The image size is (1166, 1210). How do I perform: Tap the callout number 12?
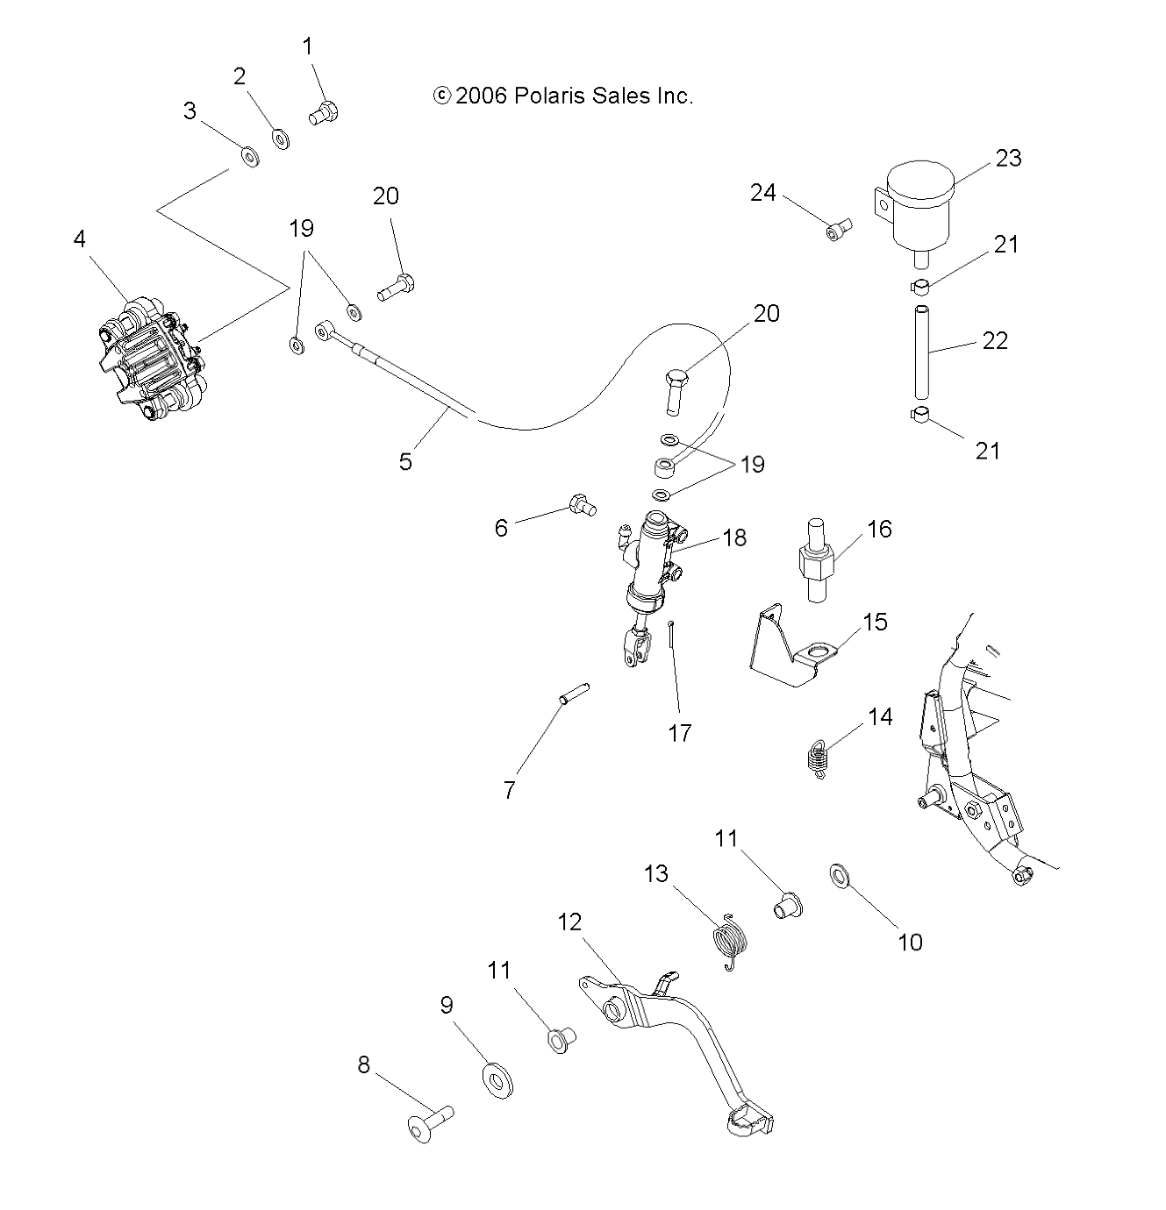pyautogui.click(x=569, y=922)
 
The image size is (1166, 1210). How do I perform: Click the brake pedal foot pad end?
pyautogui.click(x=749, y=1121)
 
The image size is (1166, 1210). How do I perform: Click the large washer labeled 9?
pyautogui.click(x=498, y=1078)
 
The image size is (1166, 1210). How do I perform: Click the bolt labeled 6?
pyautogui.click(x=582, y=504)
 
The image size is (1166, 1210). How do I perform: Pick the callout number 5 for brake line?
pyautogui.click(x=405, y=461)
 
